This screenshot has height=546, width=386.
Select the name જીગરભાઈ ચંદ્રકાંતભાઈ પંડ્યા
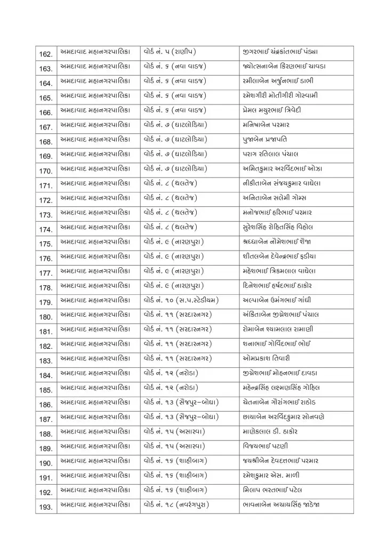tap(280, 52)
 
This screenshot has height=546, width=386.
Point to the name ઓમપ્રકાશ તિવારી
tap(266, 358)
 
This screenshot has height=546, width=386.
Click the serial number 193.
tap(46, 507)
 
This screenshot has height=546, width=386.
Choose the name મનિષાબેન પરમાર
tap(266, 125)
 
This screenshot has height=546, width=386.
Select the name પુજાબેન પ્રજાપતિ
tap(266, 140)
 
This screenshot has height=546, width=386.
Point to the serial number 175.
tap(46, 244)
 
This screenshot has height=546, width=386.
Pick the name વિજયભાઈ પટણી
tap(264, 446)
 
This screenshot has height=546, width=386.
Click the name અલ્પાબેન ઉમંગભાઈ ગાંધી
tap(276, 300)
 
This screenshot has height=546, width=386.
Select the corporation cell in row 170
tap(94, 169)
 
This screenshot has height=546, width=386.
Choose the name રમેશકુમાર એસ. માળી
tap(270, 475)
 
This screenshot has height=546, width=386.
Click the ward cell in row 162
tap(170, 52)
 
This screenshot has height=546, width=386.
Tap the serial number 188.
tap(46, 434)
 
